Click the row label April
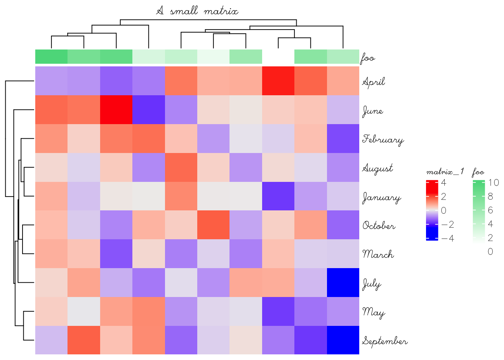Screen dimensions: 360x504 (x=373, y=82)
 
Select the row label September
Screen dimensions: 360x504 (x=385, y=341)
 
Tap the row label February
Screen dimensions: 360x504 (x=383, y=139)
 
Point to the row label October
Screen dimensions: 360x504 (x=379, y=226)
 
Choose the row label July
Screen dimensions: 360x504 (x=372, y=284)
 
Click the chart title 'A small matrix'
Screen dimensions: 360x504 (x=197, y=11)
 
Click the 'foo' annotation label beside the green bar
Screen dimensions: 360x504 (x=368, y=58)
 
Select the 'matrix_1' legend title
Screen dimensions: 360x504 (x=445, y=172)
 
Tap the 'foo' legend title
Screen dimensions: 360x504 (x=478, y=172)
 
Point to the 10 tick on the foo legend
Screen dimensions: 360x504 (x=493, y=183)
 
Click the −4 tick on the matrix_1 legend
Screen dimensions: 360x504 (x=447, y=238)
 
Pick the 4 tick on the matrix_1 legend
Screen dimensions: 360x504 (x=444, y=183)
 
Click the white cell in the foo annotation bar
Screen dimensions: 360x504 (x=278, y=57)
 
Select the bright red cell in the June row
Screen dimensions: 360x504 (x=116, y=109)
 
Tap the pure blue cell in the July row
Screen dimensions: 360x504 (x=343, y=282)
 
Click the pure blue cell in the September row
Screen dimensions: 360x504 (x=343, y=340)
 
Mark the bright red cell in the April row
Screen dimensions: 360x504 (x=278, y=81)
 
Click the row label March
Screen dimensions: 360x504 (x=378, y=254)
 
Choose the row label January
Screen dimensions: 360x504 (x=381, y=197)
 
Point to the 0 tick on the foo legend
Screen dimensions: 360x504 (x=490, y=252)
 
